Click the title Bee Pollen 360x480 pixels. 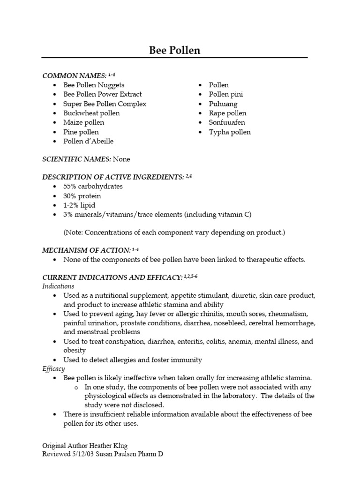[x=174, y=50]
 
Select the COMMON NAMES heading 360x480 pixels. [x=74, y=75]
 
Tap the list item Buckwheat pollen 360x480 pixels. [x=91, y=113]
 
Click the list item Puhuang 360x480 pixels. [x=223, y=104]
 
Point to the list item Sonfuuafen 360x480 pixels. [x=227, y=122]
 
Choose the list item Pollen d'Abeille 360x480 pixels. [x=89, y=141]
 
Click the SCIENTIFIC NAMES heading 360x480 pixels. [x=76, y=159]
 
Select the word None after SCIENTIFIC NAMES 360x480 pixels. [x=121, y=159]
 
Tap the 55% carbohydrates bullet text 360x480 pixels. [x=93, y=186]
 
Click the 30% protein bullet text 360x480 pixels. [x=82, y=196]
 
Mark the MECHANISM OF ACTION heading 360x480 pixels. [x=86, y=251]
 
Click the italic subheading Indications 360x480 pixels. [x=58, y=286]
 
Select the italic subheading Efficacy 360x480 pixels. [x=53, y=369]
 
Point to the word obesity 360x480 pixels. [x=75, y=350]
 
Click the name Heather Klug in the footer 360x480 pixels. [x=111, y=445]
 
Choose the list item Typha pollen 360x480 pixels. [x=230, y=132]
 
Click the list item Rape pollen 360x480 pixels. [x=227, y=113]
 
